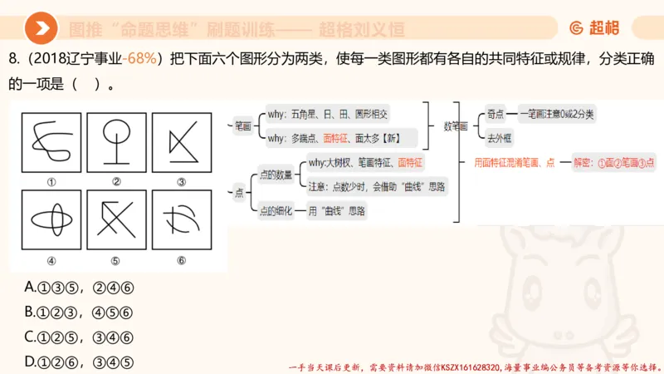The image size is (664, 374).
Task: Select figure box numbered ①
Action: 51,142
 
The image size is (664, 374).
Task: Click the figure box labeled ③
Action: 181,142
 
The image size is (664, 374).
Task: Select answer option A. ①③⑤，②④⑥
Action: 80,288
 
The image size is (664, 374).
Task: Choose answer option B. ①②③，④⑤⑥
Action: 80,312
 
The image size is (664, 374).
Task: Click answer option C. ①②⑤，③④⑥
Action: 80,337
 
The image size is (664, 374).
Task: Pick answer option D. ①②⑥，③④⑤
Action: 80,362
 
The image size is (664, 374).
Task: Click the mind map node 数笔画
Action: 456,126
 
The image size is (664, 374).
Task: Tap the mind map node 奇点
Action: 496,113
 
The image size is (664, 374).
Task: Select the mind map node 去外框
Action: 499,139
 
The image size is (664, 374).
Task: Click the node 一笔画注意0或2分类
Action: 561,113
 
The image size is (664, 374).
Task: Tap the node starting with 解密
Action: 613,164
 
